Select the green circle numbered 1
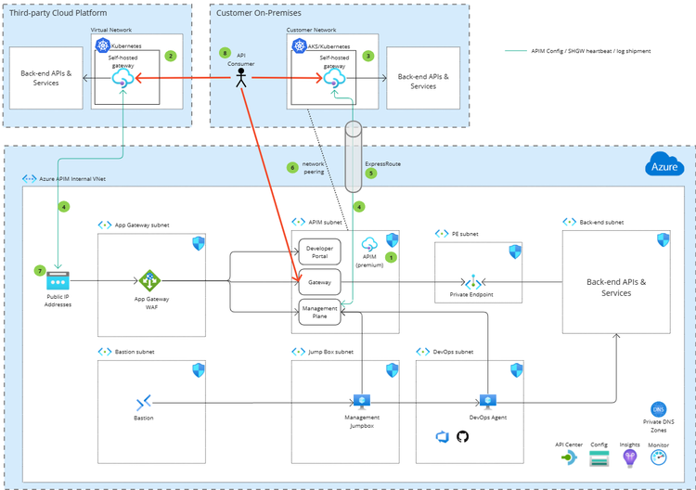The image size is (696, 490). [391, 256]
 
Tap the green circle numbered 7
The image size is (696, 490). [39, 270]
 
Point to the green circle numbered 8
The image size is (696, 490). [225, 53]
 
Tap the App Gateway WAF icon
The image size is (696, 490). [150, 280]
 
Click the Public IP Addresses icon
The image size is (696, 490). [58, 281]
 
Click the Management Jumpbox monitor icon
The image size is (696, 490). [361, 402]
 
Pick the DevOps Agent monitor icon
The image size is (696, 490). [488, 402]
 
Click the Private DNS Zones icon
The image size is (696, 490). [659, 408]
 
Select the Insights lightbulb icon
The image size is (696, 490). [630, 458]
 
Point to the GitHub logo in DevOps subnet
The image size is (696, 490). [463, 435]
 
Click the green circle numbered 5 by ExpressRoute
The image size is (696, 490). [371, 173]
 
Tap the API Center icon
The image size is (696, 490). [568, 458]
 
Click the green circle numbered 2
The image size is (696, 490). [170, 56]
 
